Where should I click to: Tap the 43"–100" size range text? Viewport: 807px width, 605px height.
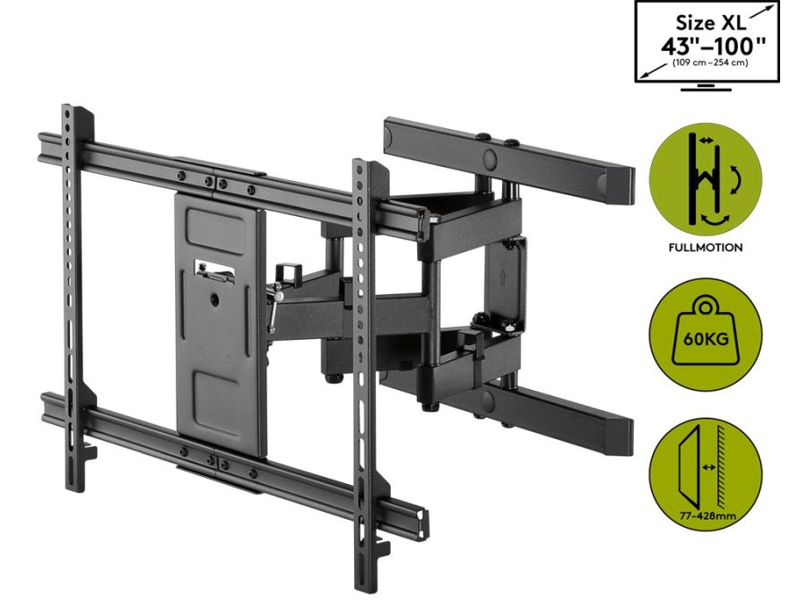(714, 47)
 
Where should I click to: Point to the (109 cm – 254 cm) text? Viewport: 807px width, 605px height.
(710, 63)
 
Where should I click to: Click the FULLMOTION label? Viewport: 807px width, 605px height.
(705, 247)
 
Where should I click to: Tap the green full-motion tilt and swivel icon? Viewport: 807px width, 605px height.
(705, 179)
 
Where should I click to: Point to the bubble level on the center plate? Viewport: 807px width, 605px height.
(213, 270)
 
